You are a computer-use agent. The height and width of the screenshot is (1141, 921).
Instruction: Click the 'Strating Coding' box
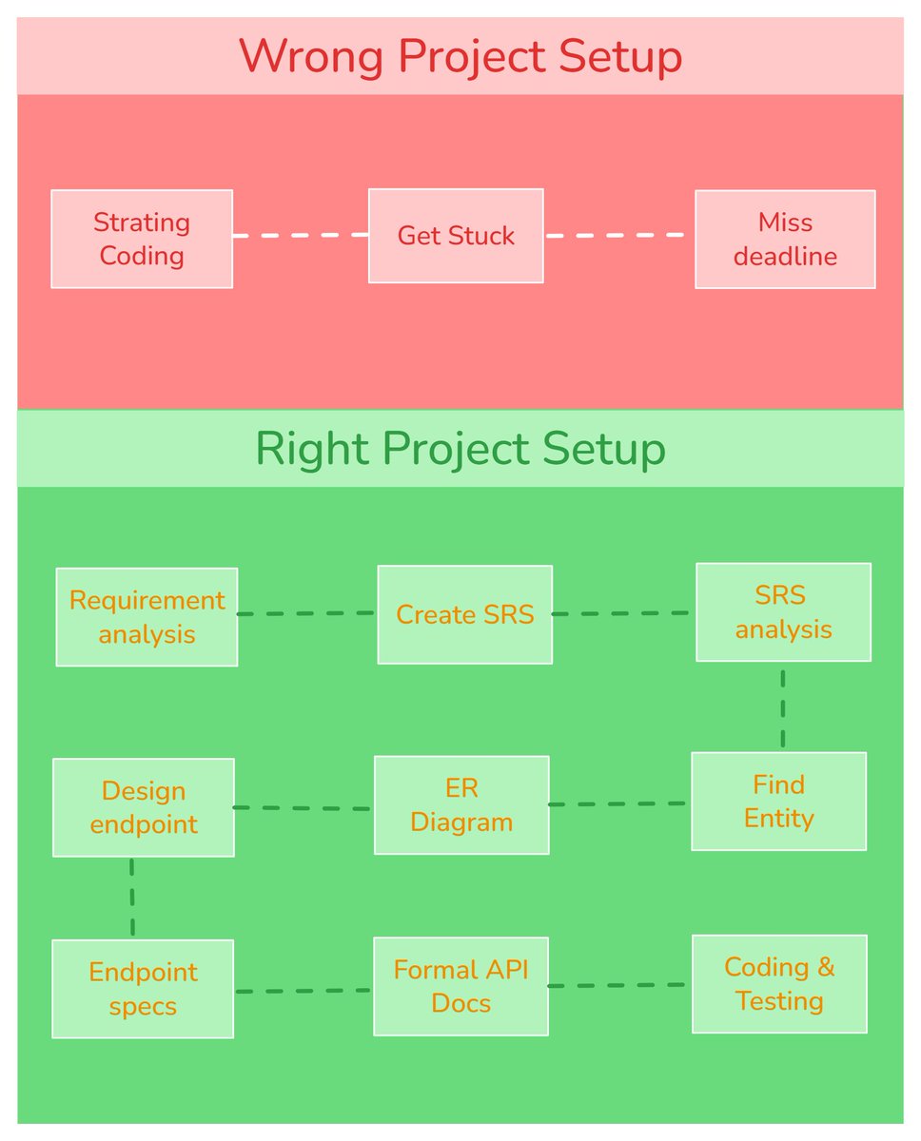click(142, 239)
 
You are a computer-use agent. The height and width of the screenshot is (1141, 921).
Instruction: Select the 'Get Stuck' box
click(456, 236)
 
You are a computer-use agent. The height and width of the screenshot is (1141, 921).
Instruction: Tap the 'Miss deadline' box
click(785, 239)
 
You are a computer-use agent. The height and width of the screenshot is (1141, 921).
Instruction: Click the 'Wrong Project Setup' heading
click(460, 56)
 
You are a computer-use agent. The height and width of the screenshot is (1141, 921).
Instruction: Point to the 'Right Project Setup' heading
click(460, 449)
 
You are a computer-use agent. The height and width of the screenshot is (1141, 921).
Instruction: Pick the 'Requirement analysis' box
click(147, 617)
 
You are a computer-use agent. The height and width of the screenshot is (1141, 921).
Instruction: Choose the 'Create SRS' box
click(464, 614)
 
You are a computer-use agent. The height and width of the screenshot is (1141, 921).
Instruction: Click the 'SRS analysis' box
click(783, 612)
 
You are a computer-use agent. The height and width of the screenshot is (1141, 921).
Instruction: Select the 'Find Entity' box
click(778, 802)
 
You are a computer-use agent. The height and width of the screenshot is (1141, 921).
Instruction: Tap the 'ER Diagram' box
click(461, 805)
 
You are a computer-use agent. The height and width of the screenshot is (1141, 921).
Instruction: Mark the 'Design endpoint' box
click(143, 807)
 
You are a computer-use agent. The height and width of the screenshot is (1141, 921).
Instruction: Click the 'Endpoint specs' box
click(143, 989)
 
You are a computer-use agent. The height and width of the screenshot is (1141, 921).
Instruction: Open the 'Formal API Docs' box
click(460, 986)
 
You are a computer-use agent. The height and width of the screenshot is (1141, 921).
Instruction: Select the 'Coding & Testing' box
click(779, 984)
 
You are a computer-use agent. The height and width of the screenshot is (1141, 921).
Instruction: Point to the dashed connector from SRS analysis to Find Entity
click(782, 707)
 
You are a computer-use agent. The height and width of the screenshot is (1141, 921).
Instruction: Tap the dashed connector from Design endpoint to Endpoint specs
click(131, 898)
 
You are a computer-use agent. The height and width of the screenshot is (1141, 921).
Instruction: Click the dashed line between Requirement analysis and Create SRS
click(306, 614)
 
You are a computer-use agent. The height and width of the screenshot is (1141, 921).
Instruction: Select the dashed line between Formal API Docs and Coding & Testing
click(618, 986)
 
